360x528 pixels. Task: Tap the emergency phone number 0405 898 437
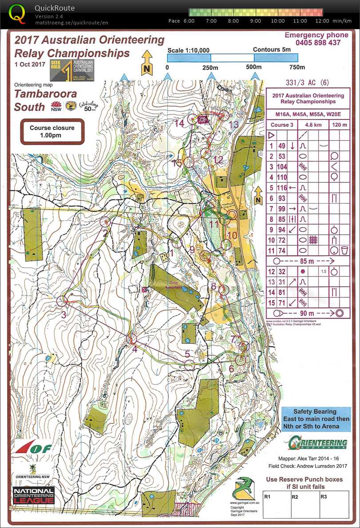313,43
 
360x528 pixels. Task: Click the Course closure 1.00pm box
52,131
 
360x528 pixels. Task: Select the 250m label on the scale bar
210,67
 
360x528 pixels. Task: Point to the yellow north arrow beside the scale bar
147,63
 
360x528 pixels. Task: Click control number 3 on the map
63,315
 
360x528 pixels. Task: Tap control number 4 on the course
135,348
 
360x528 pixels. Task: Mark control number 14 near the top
179,123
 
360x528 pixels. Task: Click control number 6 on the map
231,368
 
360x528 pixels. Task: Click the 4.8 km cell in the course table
315,125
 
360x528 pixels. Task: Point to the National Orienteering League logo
34,496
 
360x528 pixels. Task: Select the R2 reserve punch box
295,497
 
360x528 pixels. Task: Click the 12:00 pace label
322,21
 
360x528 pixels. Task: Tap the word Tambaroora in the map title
46,94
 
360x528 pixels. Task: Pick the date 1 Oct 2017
29,64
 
